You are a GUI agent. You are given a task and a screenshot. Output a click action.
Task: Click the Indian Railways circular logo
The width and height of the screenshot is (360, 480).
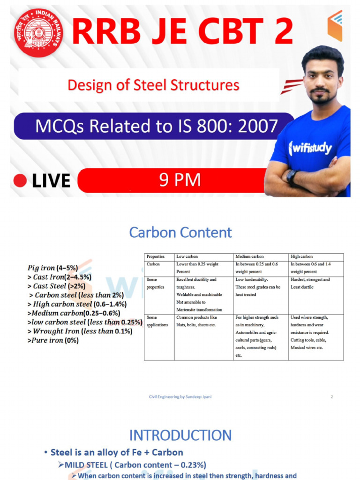(38, 32)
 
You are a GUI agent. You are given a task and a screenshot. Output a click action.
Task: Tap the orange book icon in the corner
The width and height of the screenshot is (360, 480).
(335, 25)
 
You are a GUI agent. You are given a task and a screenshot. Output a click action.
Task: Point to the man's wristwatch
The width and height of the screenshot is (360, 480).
(292, 177)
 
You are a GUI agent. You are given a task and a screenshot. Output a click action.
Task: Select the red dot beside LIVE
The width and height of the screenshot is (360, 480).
(20, 181)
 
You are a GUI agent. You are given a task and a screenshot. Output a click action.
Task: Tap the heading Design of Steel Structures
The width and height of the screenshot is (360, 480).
(153, 85)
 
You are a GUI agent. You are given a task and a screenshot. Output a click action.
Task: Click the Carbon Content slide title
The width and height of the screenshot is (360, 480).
(180, 232)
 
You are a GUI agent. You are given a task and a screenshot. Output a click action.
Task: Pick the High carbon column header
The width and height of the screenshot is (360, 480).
(302, 257)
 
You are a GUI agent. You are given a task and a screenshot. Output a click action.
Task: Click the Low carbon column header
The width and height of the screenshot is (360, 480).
(187, 257)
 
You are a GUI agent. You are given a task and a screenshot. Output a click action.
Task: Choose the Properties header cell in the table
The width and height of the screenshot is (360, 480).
(155, 257)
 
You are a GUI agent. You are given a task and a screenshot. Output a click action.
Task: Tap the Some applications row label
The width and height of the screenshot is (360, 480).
(157, 321)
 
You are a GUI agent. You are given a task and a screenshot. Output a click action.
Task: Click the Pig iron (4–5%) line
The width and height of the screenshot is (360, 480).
(52, 268)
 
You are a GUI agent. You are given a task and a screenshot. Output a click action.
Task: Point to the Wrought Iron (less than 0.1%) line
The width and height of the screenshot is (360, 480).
(80, 331)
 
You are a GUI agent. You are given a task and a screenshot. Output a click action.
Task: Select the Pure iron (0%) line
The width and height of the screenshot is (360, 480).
(53, 340)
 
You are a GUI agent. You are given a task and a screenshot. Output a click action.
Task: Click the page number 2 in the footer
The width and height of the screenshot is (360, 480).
(332, 397)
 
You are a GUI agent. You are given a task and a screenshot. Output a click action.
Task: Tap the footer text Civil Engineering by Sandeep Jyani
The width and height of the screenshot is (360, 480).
(180, 397)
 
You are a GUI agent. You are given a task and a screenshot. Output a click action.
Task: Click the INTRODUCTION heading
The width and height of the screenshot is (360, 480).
(180, 435)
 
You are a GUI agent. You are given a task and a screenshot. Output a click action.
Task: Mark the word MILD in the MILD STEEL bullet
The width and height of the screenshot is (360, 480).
(75, 465)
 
